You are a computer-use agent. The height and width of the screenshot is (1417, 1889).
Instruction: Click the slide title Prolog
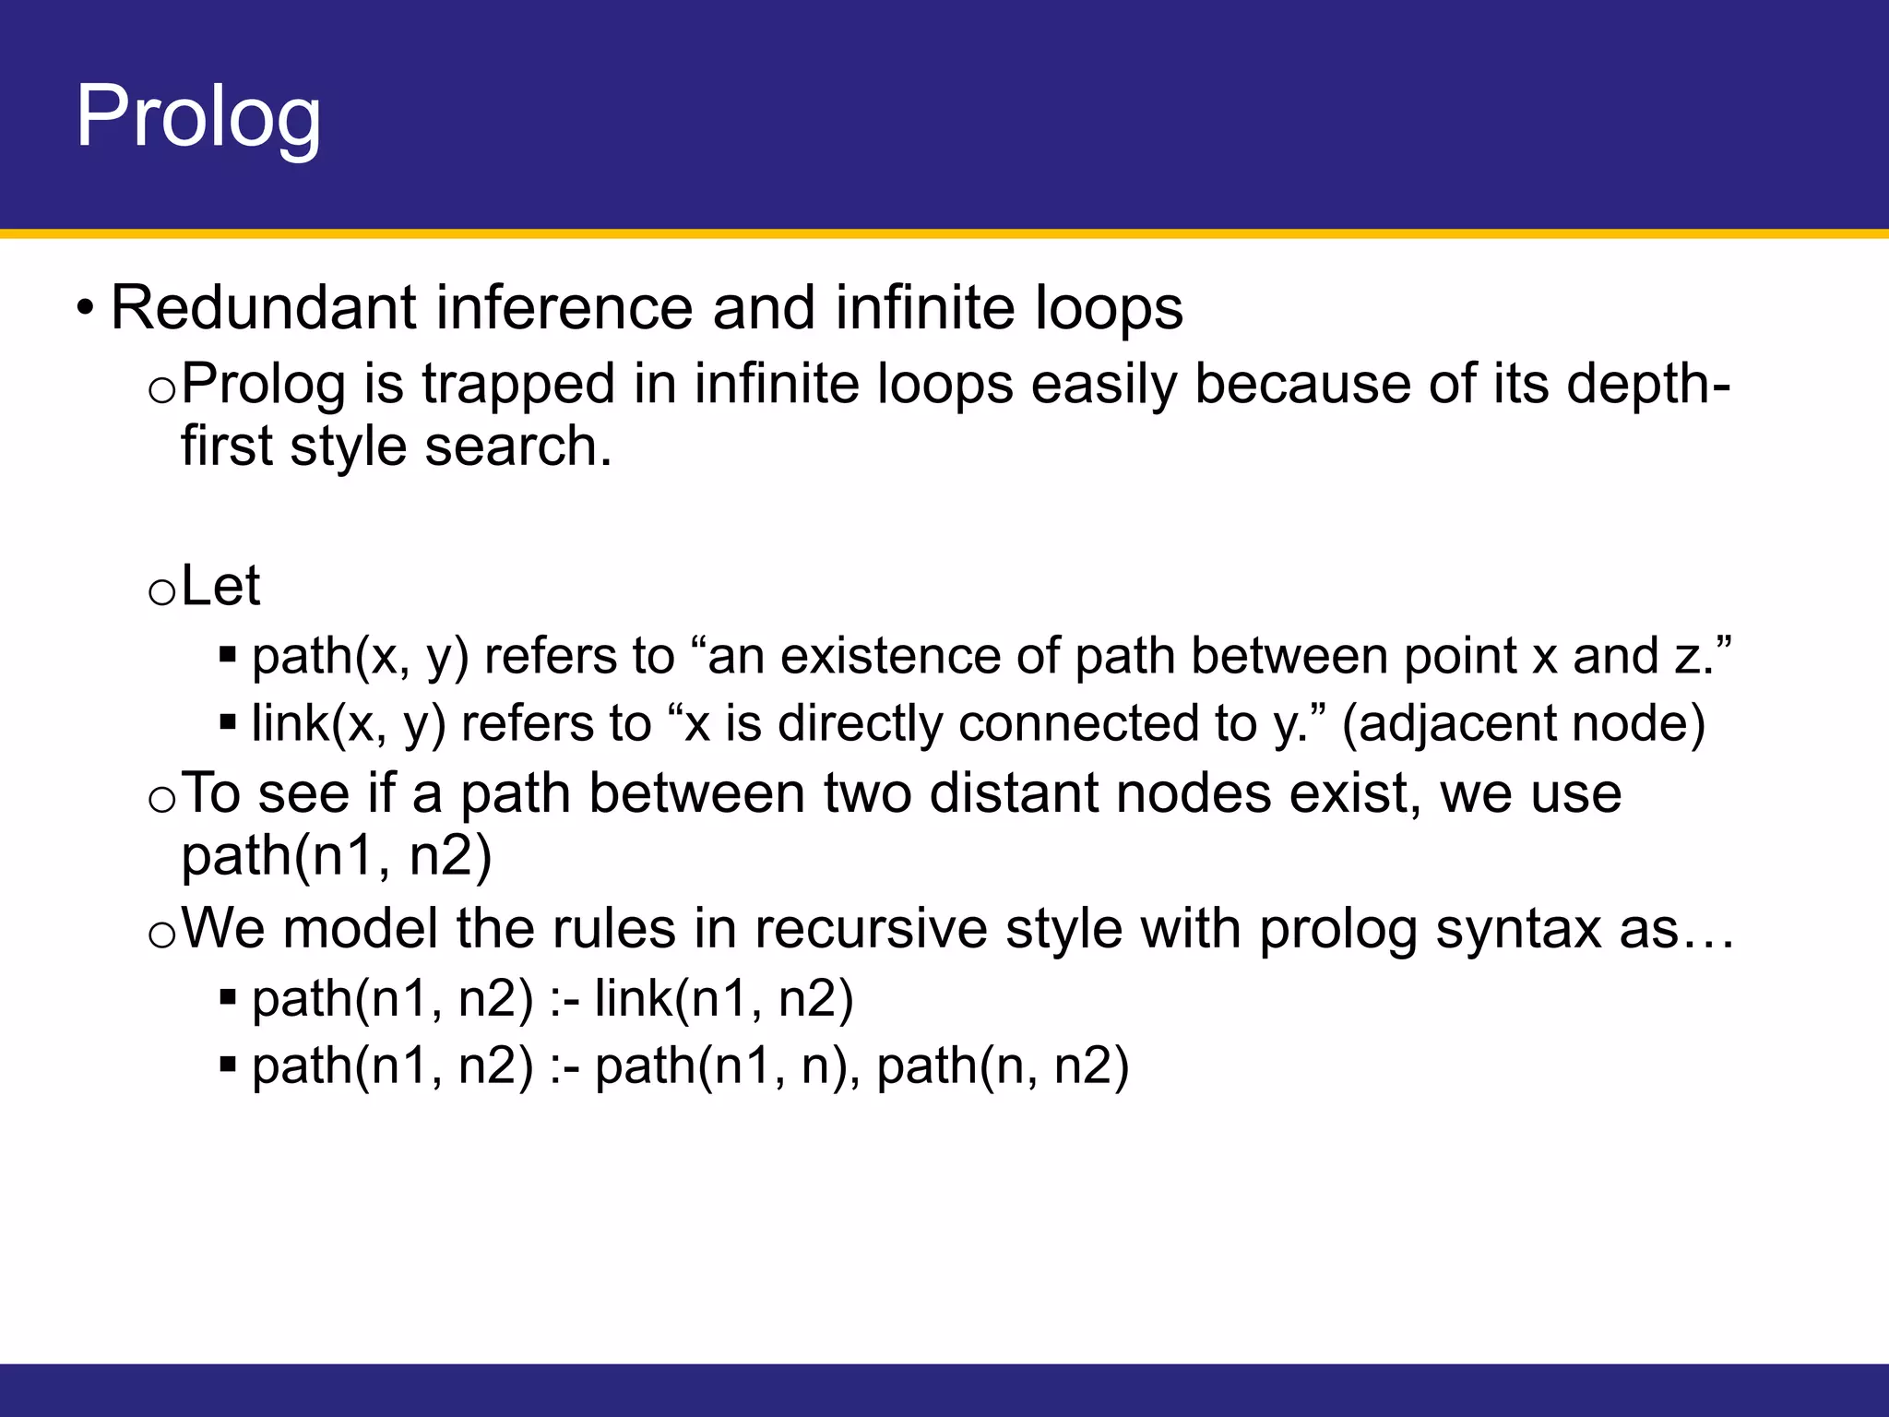click(198, 117)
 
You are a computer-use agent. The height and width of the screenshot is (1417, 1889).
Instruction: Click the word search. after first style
click(518, 447)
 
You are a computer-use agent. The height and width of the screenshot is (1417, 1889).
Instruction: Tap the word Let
click(220, 586)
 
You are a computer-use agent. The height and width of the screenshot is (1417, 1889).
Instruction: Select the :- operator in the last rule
click(564, 1067)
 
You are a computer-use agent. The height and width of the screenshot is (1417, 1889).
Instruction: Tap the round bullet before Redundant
click(85, 308)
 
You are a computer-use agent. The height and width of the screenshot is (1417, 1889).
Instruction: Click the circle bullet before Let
click(161, 591)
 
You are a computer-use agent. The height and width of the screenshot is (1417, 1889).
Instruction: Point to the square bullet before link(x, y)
click(228, 723)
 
